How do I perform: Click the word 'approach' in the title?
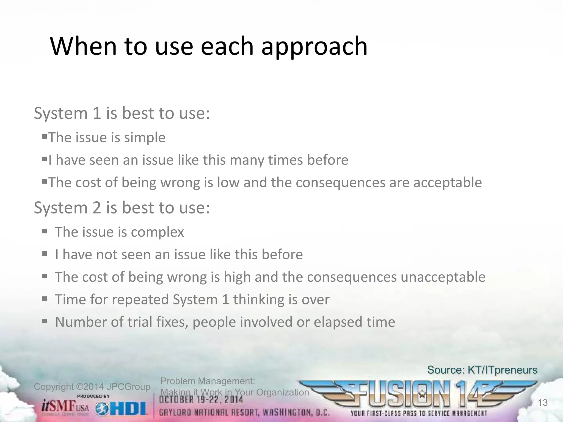pyautogui.click(x=314, y=47)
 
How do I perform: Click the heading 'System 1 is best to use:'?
pyautogui.click(x=122, y=113)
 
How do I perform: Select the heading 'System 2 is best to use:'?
pyautogui.click(x=122, y=208)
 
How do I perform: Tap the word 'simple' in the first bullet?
pyautogui.click(x=145, y=138)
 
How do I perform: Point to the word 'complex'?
pyautogui.click(x=157, y=232)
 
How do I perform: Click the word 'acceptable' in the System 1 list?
pyautogui.click(x=448, y=183)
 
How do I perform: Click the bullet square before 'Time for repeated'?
pyautogui.click(x=45, y=298)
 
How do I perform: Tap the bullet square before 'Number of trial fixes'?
pyautogui.click(x=45, y=321)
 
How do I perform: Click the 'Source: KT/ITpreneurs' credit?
pyautogui.click(x=482, y=370)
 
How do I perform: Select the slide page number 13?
pyautogui.click(x=542, y=403)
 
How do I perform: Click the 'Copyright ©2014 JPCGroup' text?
pyautogui.click(x=92, y=387)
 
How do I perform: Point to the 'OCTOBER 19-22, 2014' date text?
pyautogui.click(x=201, y=400)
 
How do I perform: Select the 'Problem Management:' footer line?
pyautogui.click(x=208, y=381)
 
